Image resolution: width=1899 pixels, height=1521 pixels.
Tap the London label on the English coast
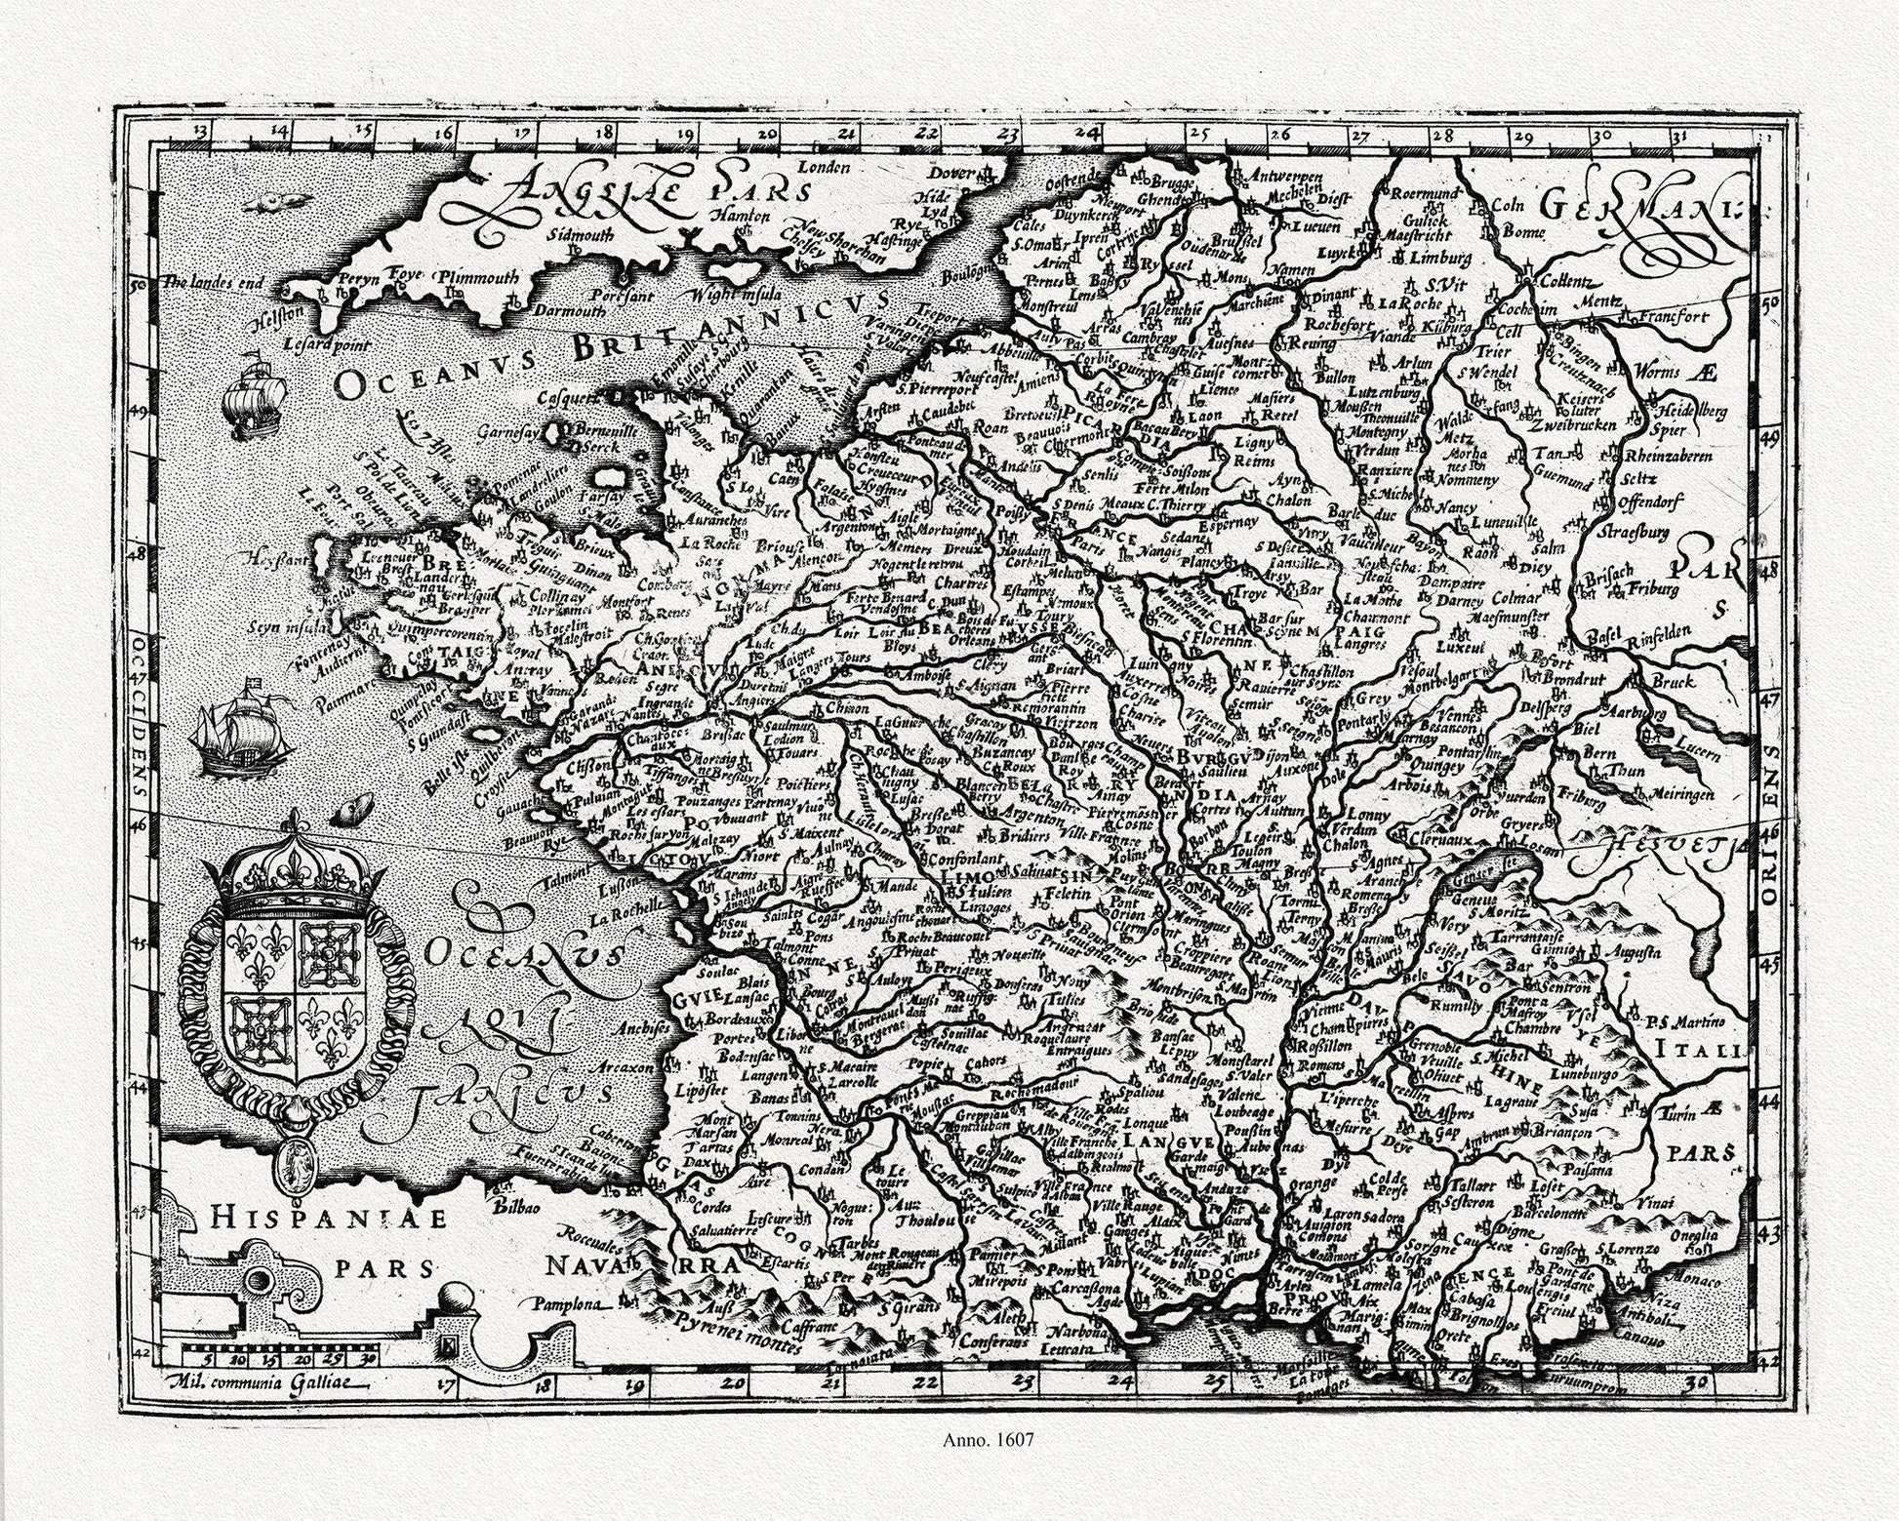click(x=826, y=167)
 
